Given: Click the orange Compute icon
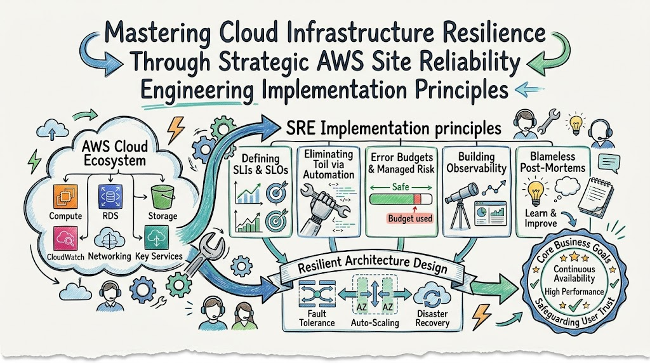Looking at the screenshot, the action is [x=65, y=197].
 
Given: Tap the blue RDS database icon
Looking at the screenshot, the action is [x=110, y=197].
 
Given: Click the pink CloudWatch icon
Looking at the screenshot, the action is [x=65, y=238].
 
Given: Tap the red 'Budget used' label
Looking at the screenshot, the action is [x=410, y=218].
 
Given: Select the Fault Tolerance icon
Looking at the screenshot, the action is [x=317, y=294].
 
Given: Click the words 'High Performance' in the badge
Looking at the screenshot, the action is [x=574, y=292].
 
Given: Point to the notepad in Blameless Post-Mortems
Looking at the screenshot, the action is [x=595, y=196].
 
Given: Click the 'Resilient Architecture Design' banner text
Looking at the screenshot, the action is [x=372, y=267].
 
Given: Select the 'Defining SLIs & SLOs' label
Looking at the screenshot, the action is [x=260, y=164].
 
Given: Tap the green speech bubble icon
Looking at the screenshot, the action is [x=609, y=163].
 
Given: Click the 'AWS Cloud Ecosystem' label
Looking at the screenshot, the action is [x=115, y=153].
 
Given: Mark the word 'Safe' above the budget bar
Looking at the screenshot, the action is [x=401, y=187].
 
